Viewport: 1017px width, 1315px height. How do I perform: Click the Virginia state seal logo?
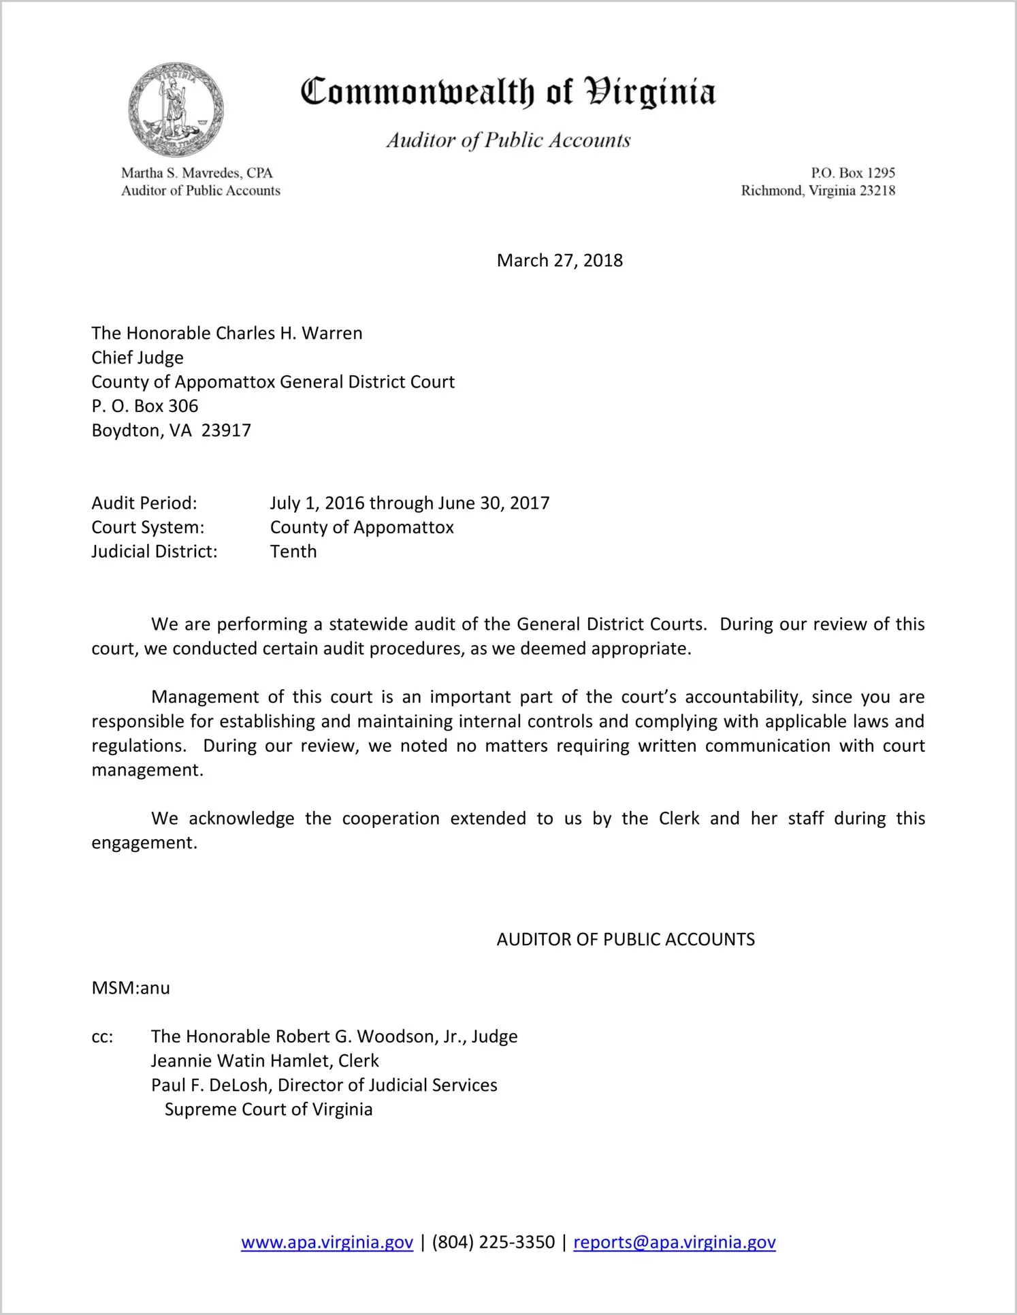176,110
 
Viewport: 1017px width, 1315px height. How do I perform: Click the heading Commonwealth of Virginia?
508,93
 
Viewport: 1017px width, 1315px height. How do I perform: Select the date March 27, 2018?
560,261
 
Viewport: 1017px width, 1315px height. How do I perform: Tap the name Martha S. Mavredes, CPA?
197,173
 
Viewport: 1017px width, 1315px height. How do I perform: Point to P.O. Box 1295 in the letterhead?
852,173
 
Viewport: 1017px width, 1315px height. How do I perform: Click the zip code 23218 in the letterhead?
877,191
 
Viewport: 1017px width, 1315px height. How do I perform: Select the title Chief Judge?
138,358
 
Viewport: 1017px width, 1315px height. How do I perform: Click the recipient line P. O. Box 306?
145,406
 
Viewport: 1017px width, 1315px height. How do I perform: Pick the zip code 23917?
226,430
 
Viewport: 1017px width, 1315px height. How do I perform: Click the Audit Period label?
144,503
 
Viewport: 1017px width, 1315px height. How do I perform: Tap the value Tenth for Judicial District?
293,552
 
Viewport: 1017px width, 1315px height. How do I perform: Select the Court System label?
148,527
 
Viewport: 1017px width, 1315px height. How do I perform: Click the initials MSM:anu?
131,988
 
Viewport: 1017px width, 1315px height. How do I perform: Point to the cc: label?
102,1037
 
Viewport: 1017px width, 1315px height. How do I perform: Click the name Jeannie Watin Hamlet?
241,1061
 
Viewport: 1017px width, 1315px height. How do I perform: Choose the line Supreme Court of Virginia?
268,1109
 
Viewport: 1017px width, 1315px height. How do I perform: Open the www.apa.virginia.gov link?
327,1242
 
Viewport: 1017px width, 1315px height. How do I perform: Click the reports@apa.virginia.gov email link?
674,1242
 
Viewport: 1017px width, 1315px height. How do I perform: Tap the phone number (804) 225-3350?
493,1242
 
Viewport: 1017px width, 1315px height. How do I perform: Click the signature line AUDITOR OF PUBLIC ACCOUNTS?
626,940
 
